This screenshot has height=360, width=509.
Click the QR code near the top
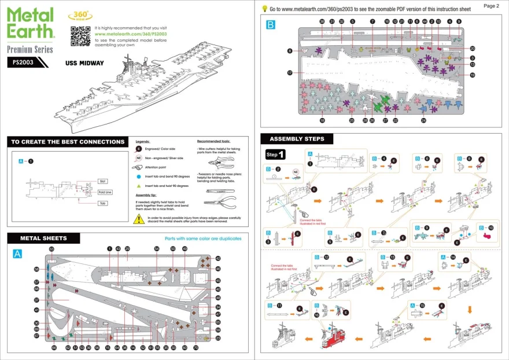tap(80, 36)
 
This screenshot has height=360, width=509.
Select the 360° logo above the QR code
tap(79, 15)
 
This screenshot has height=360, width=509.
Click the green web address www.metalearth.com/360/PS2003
tap(130, 34)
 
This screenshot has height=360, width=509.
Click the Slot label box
tap(102, 181)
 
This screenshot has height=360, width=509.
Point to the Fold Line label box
tap(105, 192)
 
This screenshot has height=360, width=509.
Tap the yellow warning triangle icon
tap(139, 219)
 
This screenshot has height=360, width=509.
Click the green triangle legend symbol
tap(139, 186)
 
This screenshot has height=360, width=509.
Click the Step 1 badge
tap(275, 155)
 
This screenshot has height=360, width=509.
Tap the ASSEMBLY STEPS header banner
tap(297, 139)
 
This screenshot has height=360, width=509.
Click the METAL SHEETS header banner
tap(43, 238)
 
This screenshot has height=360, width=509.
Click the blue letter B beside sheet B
tap(271, 25)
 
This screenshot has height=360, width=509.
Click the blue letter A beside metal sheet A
tap(17, 254)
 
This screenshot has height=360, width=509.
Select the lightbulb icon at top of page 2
tap(264, 9)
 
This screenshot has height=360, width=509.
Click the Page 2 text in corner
tap(490, 6)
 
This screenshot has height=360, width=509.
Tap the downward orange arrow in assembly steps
tap(469, 310)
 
